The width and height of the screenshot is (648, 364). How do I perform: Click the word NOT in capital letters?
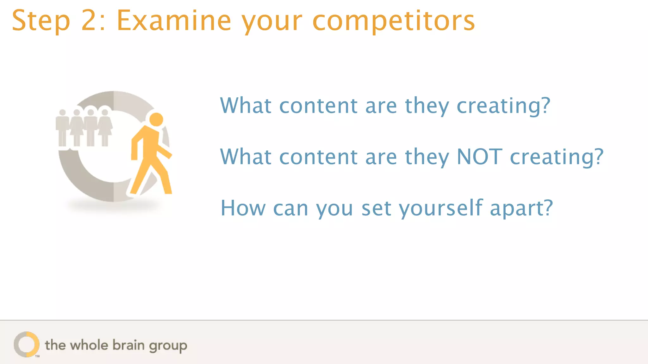click(479, 157)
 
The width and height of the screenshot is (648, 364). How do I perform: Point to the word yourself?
click(440, 209)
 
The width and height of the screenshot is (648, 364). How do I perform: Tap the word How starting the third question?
click(243, 209)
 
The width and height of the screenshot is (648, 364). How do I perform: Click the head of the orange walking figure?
click(156, 119)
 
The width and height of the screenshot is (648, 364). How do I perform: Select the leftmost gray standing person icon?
click(62, 128)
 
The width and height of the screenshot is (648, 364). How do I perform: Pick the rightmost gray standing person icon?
click(105, 128)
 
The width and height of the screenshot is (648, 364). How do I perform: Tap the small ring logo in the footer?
click(27, 344)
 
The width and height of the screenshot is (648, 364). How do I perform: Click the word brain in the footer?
click(128, 345)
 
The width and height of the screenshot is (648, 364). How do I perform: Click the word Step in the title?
click(41, 21)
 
